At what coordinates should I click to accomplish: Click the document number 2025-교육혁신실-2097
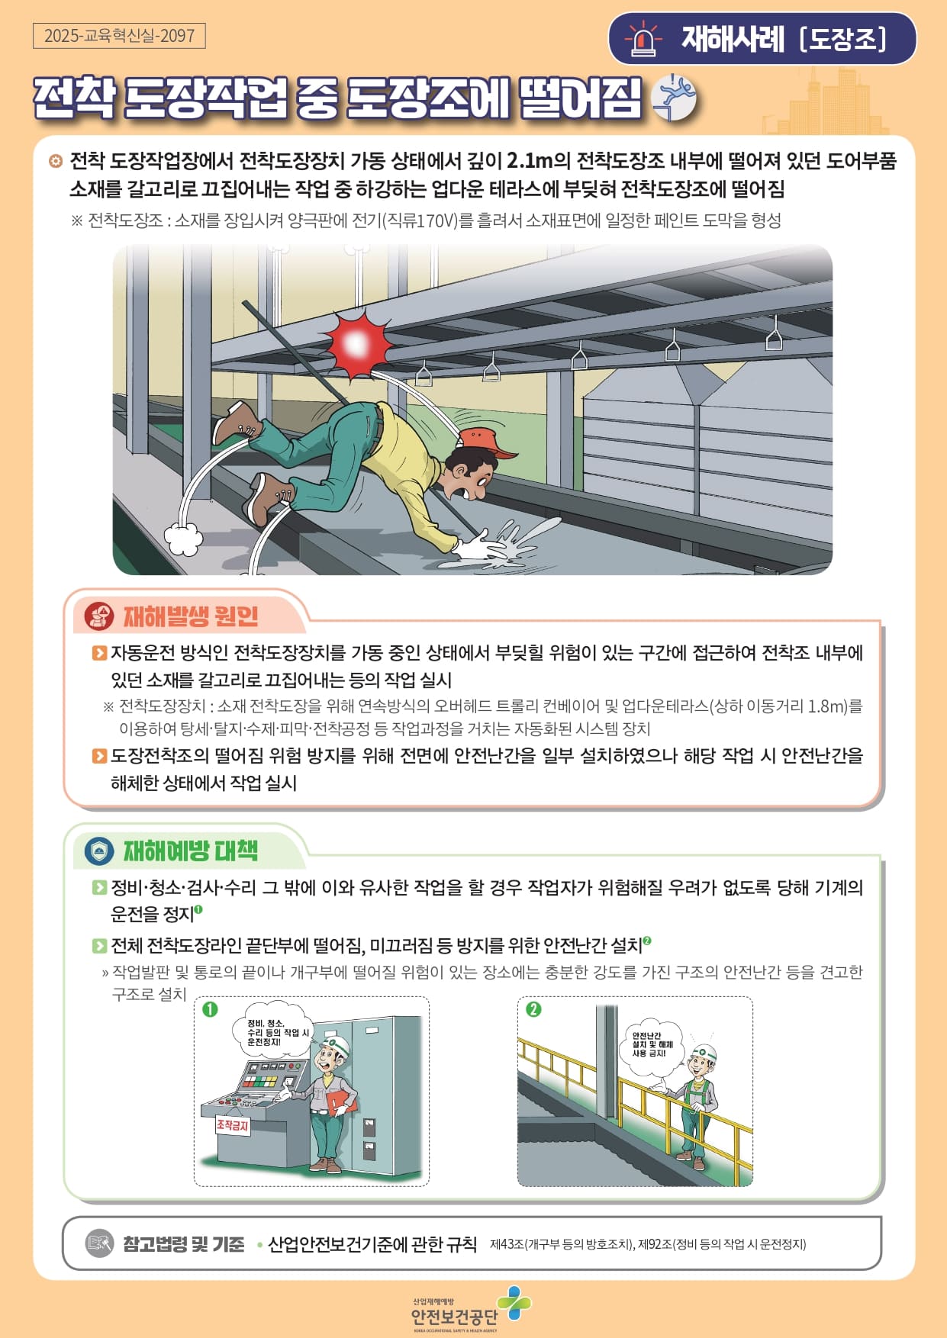119,36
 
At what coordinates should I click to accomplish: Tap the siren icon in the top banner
643,39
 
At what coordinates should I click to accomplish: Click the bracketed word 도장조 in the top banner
843,39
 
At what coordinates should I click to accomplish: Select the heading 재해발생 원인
191,616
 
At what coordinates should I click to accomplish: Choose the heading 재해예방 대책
191,851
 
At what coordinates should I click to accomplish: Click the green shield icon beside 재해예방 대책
99,851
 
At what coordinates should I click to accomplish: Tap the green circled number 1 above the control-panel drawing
210,1009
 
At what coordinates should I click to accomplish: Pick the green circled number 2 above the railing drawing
533,1009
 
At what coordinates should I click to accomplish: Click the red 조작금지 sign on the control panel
233,1126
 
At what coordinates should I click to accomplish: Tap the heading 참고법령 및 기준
184,1244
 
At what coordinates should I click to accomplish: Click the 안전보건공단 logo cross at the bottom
514,1302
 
